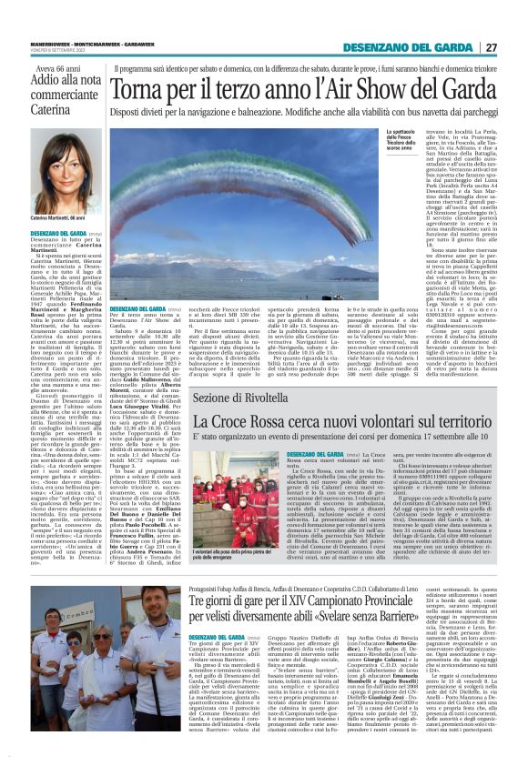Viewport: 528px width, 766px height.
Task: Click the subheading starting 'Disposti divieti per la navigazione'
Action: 300,114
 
